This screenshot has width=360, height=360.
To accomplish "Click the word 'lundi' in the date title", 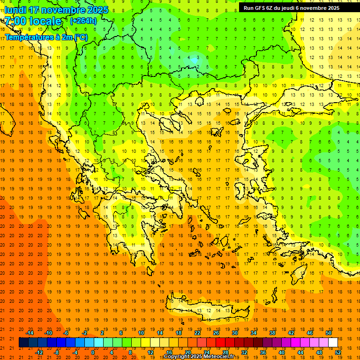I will (x=15, y=10).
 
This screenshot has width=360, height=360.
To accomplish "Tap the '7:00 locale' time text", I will (x=33, y=21).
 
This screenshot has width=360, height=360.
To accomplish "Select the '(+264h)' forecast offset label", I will (x=83, y=21).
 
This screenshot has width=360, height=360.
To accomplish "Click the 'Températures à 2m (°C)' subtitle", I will (x=46, y=37).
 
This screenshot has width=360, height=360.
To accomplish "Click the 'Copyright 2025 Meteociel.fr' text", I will (x=199, y=357).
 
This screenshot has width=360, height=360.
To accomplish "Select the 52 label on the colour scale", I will (x=338, y=352).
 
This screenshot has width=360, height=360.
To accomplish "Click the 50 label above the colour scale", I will (x=328, y=333).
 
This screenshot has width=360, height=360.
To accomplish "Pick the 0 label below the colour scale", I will (x=92, y=352).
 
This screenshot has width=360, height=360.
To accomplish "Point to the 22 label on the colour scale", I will (x=197, y=333).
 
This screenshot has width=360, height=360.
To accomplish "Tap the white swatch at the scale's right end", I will (x=333, y=343).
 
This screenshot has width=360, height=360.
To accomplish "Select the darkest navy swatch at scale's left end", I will (x=23, y=343).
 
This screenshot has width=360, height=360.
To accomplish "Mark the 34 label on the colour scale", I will (x=254, y=333).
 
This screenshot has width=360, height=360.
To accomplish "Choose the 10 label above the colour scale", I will (x=141, y=333).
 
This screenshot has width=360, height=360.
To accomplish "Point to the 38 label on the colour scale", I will (x=272, y=333).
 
